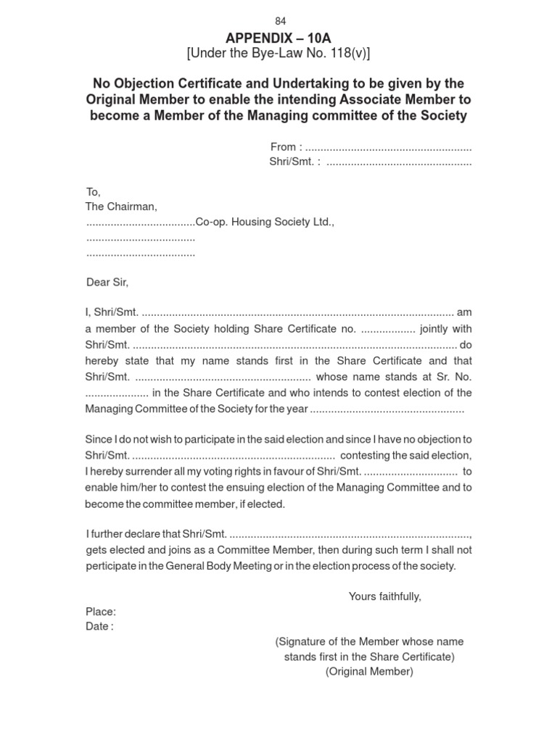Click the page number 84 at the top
(x=280, y=22)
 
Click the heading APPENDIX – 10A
(x=279, y=38)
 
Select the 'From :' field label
(x=286, y=147)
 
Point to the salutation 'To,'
(x=93, y=192)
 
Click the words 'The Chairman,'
(x=121, y=207)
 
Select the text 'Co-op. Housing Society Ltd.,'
(x=265, y=222)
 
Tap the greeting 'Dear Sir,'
(x=107, y=282)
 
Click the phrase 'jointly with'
(x=446, y=329)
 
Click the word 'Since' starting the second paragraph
(x=99, y=439)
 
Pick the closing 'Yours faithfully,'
(x=384, y=596)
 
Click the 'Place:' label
(x=101, y=612)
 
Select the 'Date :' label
(x=99, y=626)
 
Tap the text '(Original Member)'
(x=369, y=672)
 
